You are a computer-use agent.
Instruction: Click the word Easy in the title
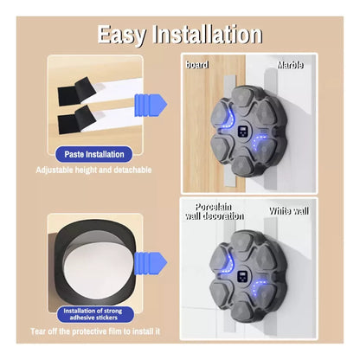click(x=121, y=35)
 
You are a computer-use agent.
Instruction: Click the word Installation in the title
click(x=208, y=34)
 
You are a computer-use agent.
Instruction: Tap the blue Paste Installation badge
click(x=94, y=154)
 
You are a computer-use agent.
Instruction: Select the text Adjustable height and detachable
click(x=93, y=170)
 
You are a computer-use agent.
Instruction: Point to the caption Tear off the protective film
click(x=95, y=331)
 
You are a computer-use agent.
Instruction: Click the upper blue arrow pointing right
click(x=151, y=104)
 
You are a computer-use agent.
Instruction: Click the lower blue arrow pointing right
click(x=151, y=263)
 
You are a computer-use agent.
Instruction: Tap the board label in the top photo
click(x=197, y=65)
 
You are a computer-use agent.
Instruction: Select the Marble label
click(x=290, y=65)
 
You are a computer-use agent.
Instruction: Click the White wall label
click(x=289, y=211)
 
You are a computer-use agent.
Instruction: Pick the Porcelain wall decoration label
click(x=215, y=211)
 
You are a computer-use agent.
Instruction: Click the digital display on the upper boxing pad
click(x=243, y=132)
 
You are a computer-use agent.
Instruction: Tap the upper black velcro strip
click(x=76, y=93)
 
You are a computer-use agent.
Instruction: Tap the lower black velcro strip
click(x=75, y=119)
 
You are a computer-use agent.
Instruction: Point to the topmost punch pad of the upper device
click(x=245, y=98)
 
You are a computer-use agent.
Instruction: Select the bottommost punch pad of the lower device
click(x=244, y=310)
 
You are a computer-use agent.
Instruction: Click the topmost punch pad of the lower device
click(x=245, y=241)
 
